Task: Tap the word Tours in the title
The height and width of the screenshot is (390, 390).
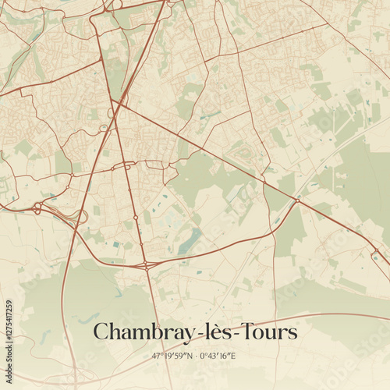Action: (x=266, y=332)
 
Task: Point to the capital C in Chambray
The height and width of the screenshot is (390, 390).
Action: (x=101, y=332)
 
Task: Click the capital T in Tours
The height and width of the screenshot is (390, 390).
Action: (x=243, y=331)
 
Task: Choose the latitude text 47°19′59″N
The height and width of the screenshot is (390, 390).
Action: (x=172, y=356)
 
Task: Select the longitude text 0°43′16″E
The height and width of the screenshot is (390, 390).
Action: (x=218, y=356)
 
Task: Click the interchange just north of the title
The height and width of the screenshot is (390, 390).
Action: (x=147, y=266)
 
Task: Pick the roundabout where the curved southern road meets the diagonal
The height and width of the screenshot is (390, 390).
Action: (x=296, y=201)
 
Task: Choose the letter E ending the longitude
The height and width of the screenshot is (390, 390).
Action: (x=233, y=356)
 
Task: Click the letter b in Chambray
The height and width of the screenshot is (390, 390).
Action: (x=157, y=332)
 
